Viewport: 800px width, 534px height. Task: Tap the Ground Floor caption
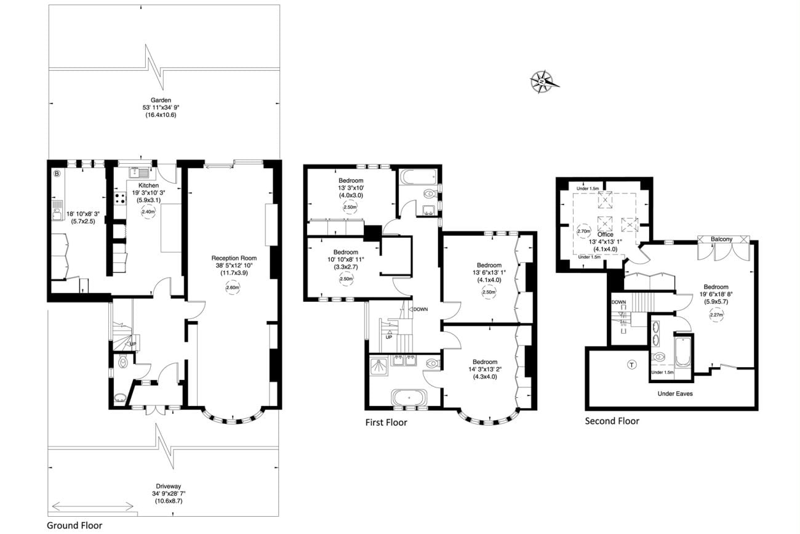click(74, 525)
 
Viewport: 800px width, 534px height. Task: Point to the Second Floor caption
click(612, 421)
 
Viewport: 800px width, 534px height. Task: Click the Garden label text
click(161, 100)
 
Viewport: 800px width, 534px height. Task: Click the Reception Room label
click(233, 258)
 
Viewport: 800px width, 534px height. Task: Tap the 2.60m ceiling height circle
click(233, 288)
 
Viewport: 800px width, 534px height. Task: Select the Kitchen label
click(148, 185)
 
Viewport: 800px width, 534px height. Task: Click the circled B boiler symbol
click(57, 174)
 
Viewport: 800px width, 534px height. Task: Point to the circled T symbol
click(631, 365)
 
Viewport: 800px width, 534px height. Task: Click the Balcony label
click(721, 239)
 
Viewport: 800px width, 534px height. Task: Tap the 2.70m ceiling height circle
click(584, 232)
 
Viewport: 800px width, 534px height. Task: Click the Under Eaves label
click(675, 393)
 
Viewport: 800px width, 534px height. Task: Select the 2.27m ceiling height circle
click(716, 315)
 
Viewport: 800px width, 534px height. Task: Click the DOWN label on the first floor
click(421, 309)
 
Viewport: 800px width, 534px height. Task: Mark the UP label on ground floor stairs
click(133, 344)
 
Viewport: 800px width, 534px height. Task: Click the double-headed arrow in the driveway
click(93, 506)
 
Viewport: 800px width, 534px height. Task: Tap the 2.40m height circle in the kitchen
click(148, 212)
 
